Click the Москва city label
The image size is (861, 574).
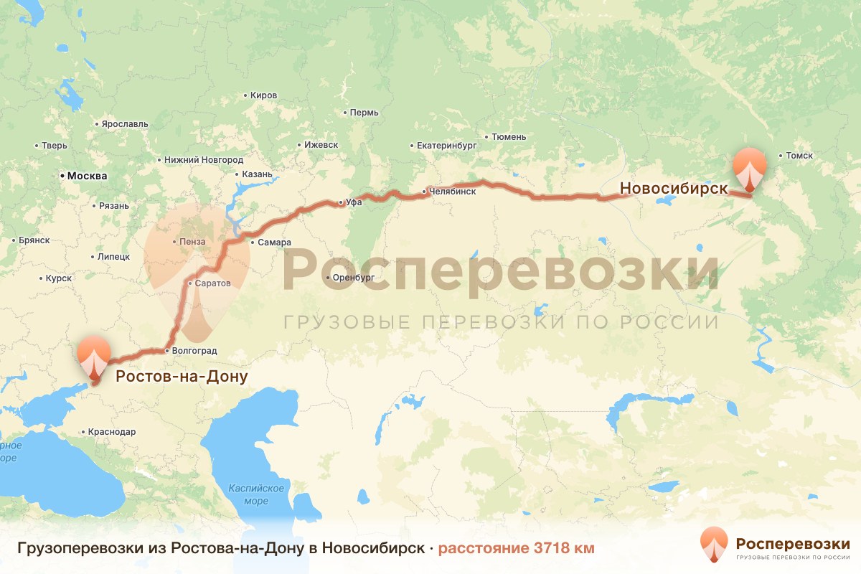pyautogui.click(x=87, y=176)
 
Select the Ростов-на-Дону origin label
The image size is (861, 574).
pyautogui.click(x=182, y=377)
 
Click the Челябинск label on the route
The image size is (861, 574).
pyautogui.click(x=453, y=192)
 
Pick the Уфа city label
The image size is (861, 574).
pyautogui.click(x=354, y=202)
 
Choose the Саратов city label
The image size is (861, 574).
pyautogui.click(x=212, y=283)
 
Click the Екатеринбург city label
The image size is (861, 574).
pyautogui.click(x=447, y=146)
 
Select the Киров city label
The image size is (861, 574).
pyautogui.click(x=263, y=95)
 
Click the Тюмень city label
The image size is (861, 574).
pyautogui.click(x=509, y=136)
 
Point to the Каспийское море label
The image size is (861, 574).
pyautogui.click(x=256, y=494)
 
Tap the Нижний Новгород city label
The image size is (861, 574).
pyautogui.click(x=204, y=160)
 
